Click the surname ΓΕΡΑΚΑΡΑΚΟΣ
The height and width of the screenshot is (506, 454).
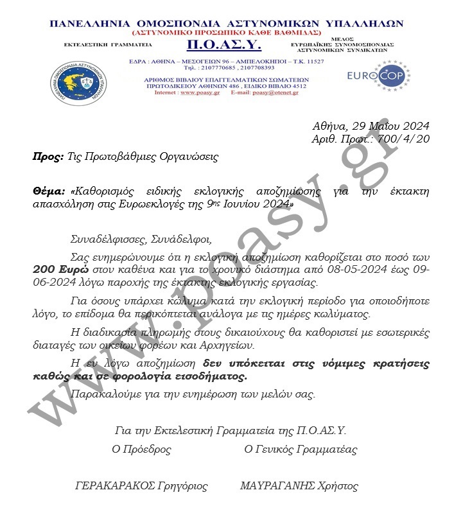click(x=116, y=486)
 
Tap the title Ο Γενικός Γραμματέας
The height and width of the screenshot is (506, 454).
click(x=301, y=449)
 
